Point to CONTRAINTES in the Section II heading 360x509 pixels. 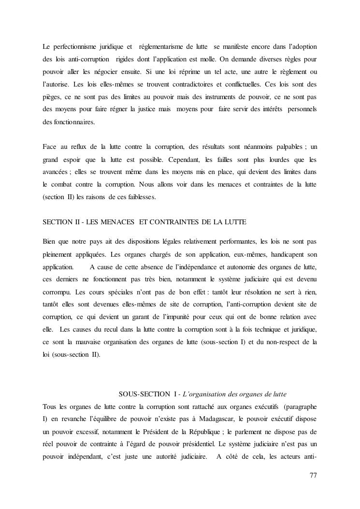tap(178, 222)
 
